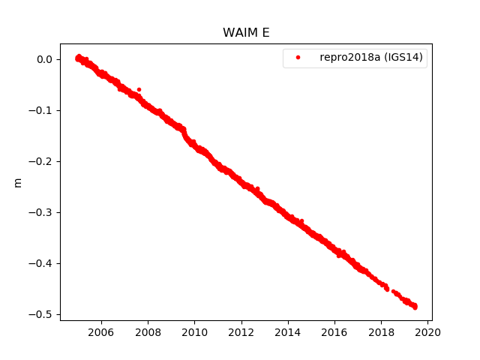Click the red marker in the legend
click(298, 57)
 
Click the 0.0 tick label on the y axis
click(44, 59)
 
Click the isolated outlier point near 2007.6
click(139, 89)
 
